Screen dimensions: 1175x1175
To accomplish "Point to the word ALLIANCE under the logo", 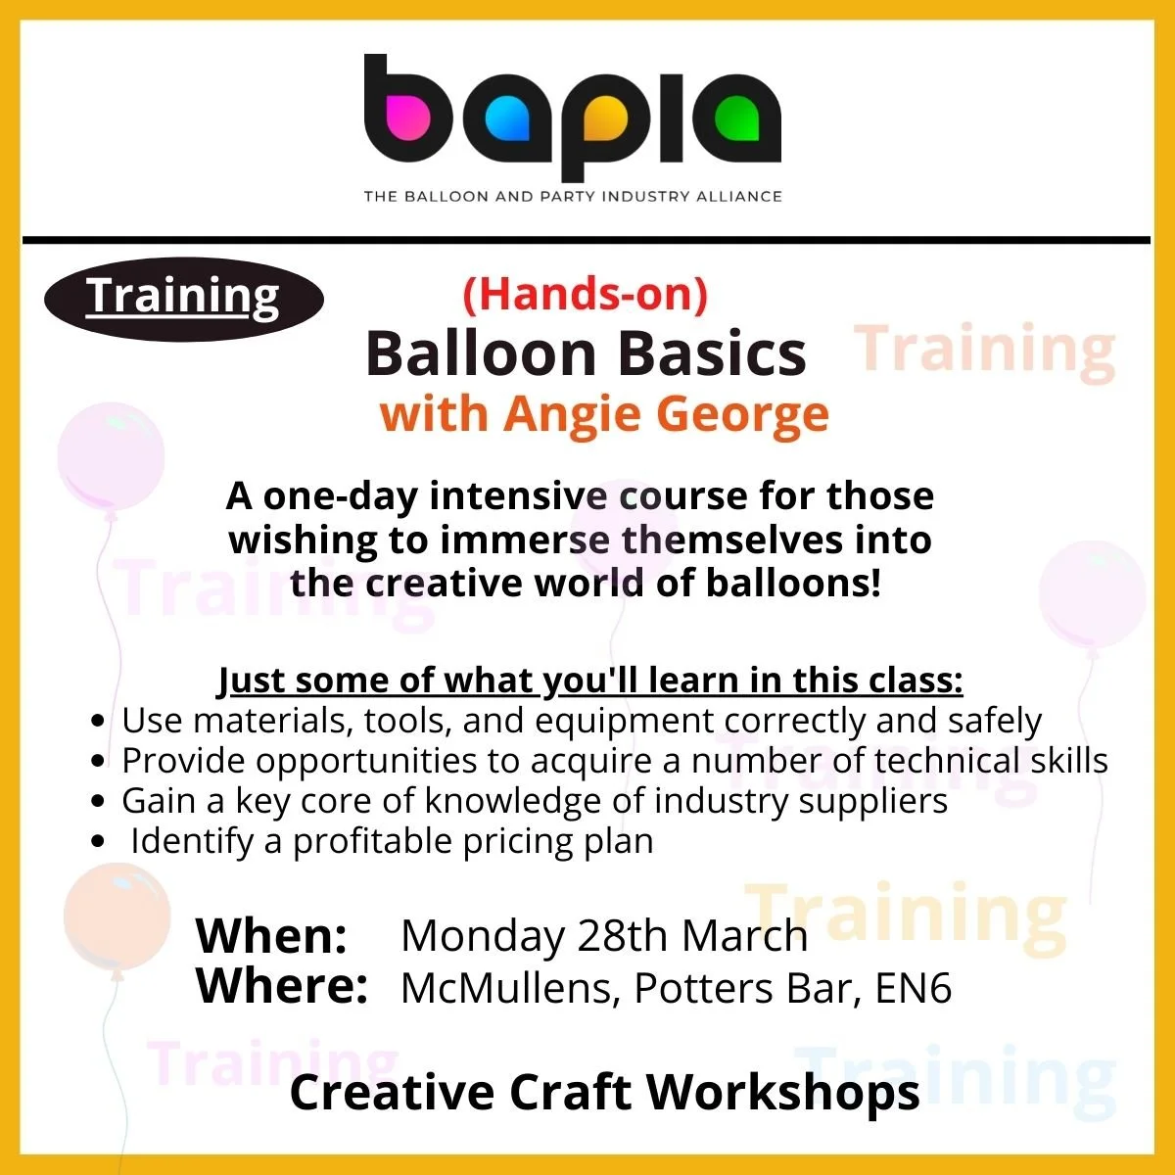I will pyautogui.click(x=741, y=196).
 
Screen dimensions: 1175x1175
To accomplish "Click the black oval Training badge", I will pyautogui.click(x=183, y=298).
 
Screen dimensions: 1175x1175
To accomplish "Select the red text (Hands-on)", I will pyautogui.click(x=585, y=295).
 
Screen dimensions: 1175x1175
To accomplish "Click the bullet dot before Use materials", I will pyautogui.click(x=97, y=722).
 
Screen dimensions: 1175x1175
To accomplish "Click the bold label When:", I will pyautogui.click(x=271, y=936).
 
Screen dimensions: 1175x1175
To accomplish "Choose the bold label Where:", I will pyautogui.click(x=282, y=986).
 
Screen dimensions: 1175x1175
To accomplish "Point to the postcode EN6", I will pyautogui.click(x=913, y=988).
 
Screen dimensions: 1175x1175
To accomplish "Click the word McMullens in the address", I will pyautogui.click(x=509, y=988).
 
